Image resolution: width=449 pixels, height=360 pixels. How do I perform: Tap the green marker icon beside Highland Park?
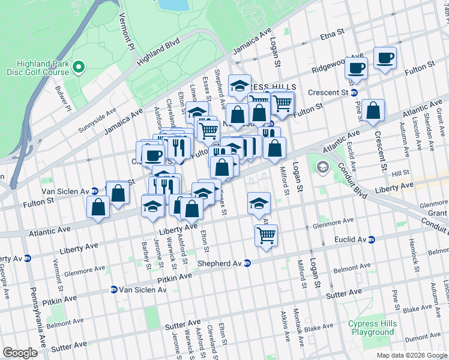click(x=79, y=68)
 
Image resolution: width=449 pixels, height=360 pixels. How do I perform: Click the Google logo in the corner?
click(x=20, y=353)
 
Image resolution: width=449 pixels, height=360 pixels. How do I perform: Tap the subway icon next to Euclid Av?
click(x=371, y=239)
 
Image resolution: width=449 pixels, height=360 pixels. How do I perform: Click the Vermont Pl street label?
click(x=125, y=30)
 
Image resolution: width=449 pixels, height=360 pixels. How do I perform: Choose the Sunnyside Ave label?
click(x=97, y=121)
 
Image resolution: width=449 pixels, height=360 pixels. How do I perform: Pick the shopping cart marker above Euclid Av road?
click(x=266, y=235)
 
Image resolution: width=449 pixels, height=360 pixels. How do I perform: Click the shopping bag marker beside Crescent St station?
click(x=373, y=110)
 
